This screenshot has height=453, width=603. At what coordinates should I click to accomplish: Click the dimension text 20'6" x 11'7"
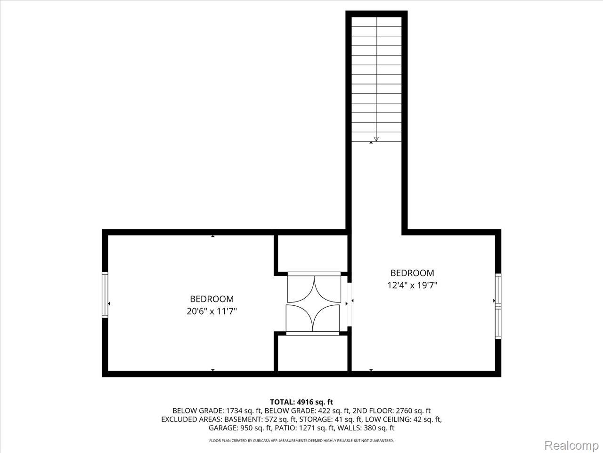(212, 311)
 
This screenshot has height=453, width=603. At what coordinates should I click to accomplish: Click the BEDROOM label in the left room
(212, 299)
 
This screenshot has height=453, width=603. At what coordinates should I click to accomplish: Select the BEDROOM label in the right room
(412, 273)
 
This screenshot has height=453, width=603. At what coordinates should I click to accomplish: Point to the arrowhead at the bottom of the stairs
(376, 139)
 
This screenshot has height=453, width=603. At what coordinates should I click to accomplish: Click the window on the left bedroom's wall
(105, 295)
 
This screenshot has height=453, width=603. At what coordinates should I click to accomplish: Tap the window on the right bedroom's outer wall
(498, 306)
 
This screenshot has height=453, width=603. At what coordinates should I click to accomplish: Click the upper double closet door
(314, 288)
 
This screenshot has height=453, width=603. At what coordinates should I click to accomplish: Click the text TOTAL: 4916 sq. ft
(301, 402)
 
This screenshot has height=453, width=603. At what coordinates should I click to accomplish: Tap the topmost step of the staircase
(376, 22)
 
